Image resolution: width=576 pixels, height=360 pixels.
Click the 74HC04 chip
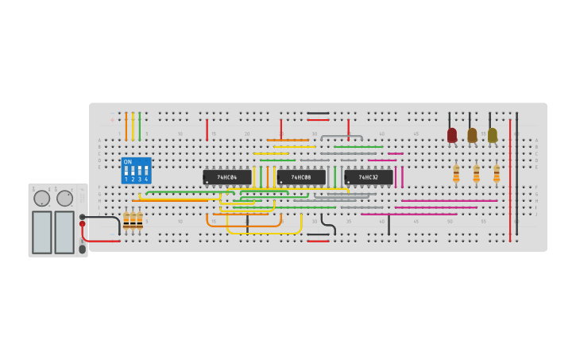tap(226, 177)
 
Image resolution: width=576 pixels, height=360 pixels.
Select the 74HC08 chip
tap(301, 177)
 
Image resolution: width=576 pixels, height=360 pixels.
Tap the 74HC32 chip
tap(368, 177)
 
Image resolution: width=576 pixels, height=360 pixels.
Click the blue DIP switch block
tap(136, 171)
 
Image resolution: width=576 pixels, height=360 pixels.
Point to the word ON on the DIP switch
tap(128, 162)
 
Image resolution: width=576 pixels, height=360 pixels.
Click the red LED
tap(452, 135)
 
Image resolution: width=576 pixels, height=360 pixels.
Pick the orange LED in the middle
tap(472, 135)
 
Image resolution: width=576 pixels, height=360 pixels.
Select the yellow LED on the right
tap(493, 135)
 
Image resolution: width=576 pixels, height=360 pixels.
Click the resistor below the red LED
tap(456, 173)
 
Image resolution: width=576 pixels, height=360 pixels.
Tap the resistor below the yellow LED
tap(497, 173)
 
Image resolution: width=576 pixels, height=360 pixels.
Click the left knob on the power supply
tap(41, 198)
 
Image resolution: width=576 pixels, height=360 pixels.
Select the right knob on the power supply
tap(64, 198)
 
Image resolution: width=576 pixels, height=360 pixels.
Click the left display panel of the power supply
tap(42, 232)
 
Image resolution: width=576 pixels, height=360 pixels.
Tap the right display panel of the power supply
tap(64, 232)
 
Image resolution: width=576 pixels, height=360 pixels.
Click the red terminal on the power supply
tap(82, 224)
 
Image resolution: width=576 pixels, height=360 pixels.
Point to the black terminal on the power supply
tap(82, 216)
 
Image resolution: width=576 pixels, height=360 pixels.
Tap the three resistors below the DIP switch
tap(133, 220)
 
